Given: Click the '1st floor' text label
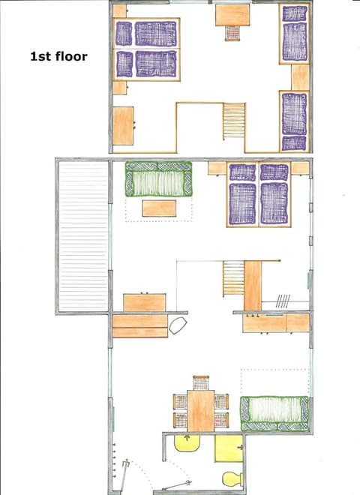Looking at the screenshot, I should (58, 55).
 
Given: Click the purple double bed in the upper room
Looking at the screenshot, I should (145, 48).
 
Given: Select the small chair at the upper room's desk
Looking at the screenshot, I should (232, 33).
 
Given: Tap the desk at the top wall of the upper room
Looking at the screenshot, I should (232, 14).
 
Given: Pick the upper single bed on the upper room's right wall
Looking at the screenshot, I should (295, 34).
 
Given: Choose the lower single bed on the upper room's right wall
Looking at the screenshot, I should (294, 120).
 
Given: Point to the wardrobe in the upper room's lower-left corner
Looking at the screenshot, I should (123, 126).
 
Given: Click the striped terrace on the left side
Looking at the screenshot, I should (83, 237).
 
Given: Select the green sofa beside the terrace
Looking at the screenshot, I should (158, 180).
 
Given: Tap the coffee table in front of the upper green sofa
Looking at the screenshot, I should (159, 207).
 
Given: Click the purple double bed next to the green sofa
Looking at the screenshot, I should (259, 194).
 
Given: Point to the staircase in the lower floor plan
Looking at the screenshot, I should (233, 278).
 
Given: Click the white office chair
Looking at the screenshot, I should (178, 325).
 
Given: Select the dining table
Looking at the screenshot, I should (200, 410).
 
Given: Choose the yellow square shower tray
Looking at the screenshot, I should (228, 448).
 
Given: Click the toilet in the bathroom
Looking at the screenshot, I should (232, 478).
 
